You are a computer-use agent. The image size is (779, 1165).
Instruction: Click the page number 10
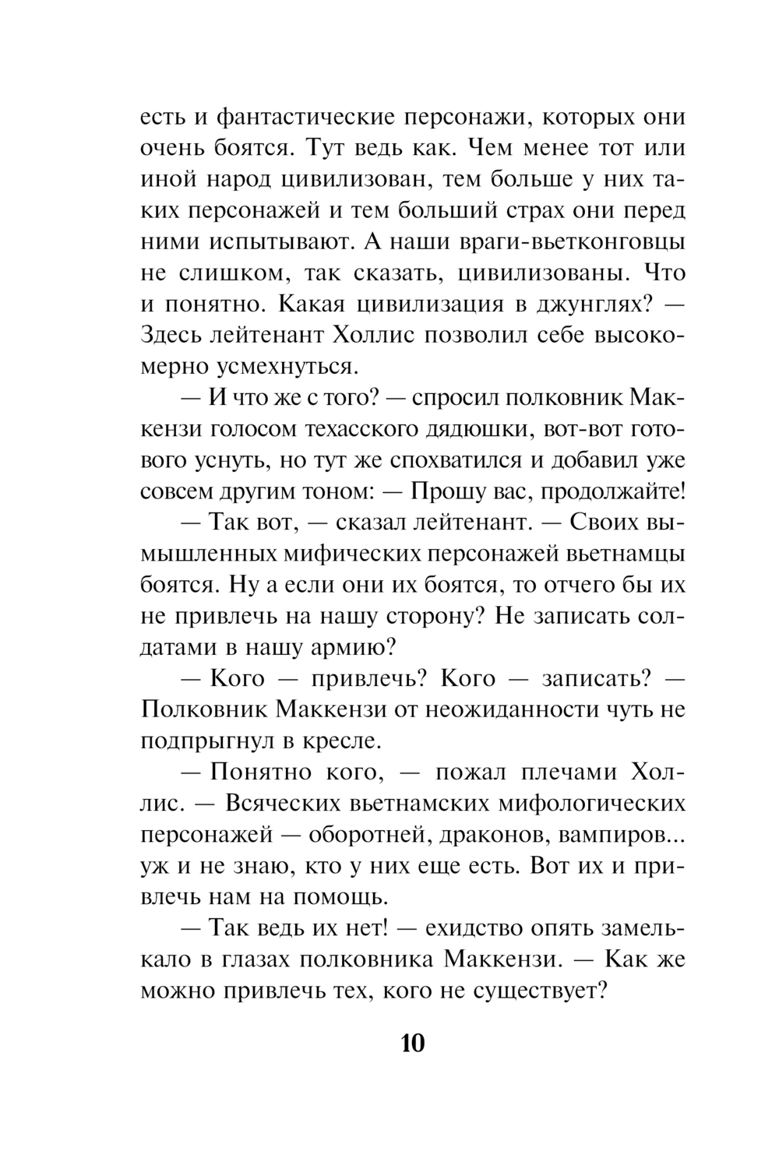pos(412,1043)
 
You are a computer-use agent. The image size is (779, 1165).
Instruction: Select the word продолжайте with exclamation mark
pos(612,491)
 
